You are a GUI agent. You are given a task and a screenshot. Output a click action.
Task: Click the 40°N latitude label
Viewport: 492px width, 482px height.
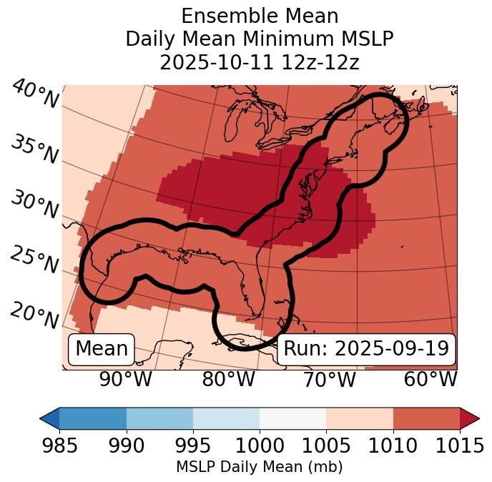click(34, 95)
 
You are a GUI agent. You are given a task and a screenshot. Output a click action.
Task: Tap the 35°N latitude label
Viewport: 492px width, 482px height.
click(34, 149)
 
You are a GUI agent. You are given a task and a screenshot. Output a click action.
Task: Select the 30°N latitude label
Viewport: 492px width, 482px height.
click(34, 205)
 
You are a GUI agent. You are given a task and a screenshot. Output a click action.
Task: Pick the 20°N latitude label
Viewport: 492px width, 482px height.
click(34, 315)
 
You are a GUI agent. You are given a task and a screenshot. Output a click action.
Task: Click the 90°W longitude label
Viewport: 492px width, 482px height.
click(126, 380)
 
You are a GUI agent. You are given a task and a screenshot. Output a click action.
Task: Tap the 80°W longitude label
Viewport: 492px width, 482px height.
click(228, 380)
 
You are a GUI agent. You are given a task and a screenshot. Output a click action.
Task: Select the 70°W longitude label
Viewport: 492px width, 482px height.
click(329, 380)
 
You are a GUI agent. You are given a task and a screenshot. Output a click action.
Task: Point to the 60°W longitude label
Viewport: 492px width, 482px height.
click(431, 380)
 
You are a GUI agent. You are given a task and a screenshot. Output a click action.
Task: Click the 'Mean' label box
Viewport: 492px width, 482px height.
click(102, 349)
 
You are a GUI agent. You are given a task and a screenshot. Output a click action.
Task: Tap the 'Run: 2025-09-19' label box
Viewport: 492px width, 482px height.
click(366, 349)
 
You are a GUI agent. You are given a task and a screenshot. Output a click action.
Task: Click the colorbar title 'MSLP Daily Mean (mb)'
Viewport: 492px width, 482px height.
click(259, 467)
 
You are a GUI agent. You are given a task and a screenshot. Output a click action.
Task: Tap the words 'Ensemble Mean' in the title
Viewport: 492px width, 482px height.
click(259, 16)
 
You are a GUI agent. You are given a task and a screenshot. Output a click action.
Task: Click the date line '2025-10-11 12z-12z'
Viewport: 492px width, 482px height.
click(259, 62)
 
